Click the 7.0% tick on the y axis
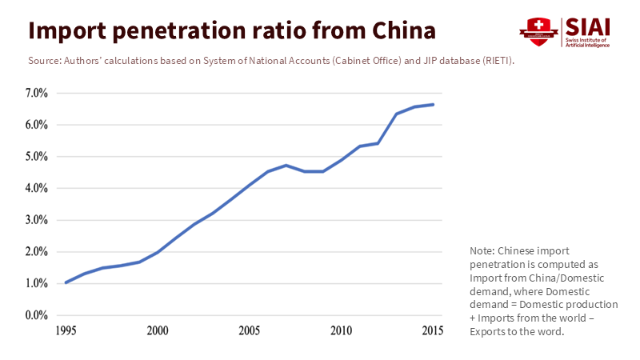tap(37, 94)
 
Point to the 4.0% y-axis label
tap(37, 189)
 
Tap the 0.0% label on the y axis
tap(37, 315)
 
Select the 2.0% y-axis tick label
tap(37, 252)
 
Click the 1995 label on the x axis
tap(66, 330)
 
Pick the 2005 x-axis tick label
tap(250, 330)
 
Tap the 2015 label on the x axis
tap(434, 330)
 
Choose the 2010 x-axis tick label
tap(342, 330)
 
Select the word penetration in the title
tap(194, 30)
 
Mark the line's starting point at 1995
tap(66, 282)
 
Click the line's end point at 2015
tap(434, 104)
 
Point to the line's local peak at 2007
tap(286, 166)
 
